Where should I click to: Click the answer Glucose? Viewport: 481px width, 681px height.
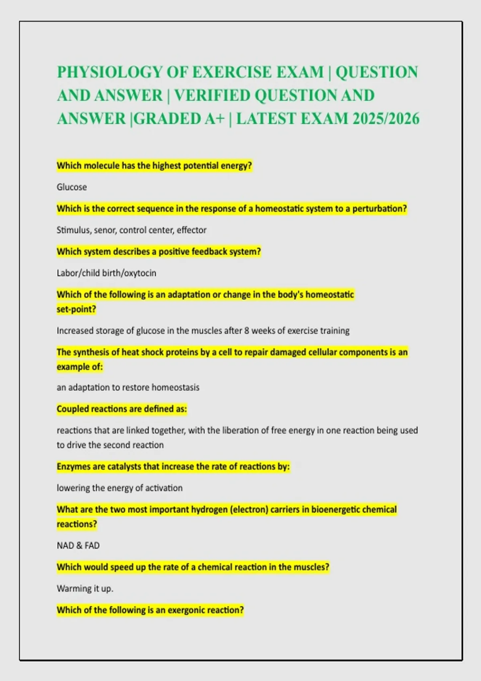coord(72,187)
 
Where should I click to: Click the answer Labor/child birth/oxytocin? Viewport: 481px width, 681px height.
coord(106,273)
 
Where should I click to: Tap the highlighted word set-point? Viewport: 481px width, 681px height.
coord(76,309)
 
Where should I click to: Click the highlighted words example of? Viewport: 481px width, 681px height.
coord(80,367)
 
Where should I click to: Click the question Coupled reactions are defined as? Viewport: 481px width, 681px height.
coord(121,409)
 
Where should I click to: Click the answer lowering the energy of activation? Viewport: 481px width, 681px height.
coord(119,488)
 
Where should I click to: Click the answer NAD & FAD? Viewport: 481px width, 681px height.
coord(78,546)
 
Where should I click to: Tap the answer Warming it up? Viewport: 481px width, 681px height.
coord(85,589)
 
